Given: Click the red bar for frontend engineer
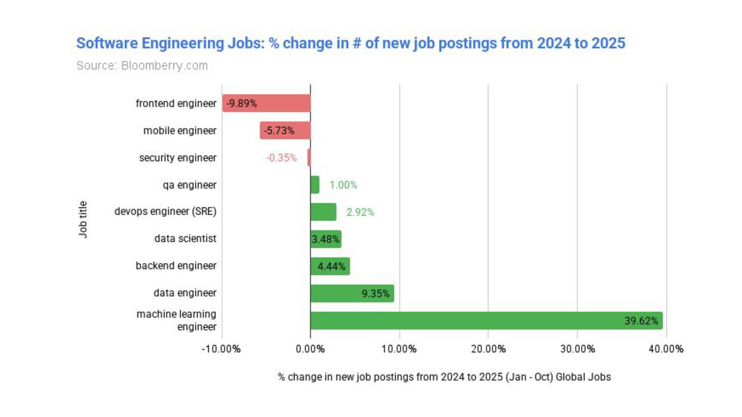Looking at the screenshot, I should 266,103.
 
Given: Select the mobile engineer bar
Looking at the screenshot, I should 285,131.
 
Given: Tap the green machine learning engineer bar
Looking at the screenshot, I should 486,321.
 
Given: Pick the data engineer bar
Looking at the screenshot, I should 352,293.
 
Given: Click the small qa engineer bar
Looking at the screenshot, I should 315,185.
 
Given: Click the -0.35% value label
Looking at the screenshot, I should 281,158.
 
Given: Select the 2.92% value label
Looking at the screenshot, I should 360,212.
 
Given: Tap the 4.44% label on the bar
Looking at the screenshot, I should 331,267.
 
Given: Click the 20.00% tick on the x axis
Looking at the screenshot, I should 488,349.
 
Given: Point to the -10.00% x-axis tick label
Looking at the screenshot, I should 221,349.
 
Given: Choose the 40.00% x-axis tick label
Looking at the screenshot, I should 666,349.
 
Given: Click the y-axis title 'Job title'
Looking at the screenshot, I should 83,219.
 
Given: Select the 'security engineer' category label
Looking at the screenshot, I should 178,158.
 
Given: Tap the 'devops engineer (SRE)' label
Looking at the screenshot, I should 165,212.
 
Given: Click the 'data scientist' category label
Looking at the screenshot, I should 185,239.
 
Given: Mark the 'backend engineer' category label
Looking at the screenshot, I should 176,266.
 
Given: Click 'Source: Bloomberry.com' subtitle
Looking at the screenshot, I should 142,66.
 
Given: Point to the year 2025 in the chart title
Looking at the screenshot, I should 608,43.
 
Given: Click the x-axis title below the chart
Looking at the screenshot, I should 444,377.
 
